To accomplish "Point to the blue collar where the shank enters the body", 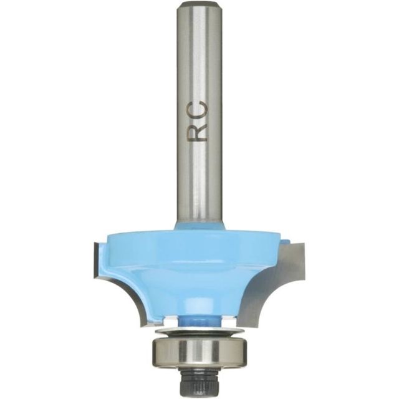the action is [x=199, y=226].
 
